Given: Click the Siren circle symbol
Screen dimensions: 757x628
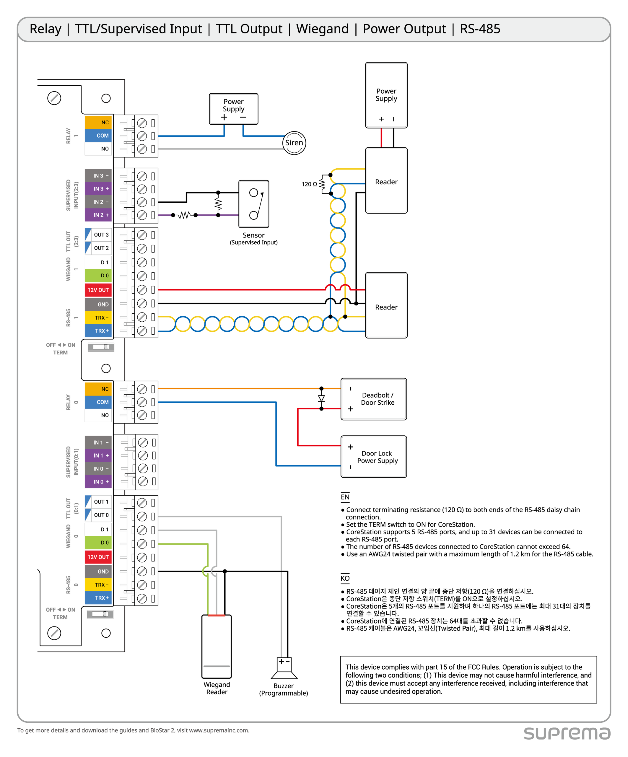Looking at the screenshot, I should point(294,143).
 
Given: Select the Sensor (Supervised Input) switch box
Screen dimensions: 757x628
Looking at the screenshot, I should point(253,204).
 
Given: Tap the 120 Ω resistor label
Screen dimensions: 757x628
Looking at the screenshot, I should point(309,184).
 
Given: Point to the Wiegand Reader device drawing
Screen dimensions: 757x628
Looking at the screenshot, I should point(216,646).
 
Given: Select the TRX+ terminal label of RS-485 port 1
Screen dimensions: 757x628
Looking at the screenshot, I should point(98,331).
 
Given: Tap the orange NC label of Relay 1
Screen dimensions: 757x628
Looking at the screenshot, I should point(98,122).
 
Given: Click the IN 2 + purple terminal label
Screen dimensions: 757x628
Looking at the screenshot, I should point(98,215).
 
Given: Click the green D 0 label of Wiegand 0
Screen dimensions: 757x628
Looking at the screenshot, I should point(98,543).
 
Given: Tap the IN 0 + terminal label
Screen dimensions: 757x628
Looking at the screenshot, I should point(98,482).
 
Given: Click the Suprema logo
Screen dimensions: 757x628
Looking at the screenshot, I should point(567,733).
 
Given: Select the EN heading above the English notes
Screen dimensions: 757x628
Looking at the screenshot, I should point(345,497).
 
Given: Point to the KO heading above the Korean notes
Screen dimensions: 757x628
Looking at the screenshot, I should point(345,578).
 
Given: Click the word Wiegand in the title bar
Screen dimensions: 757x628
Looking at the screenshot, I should point(322,29).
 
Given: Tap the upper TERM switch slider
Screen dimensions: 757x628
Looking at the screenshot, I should point(101,347).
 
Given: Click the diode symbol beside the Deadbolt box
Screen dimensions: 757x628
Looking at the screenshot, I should point(321,398).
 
